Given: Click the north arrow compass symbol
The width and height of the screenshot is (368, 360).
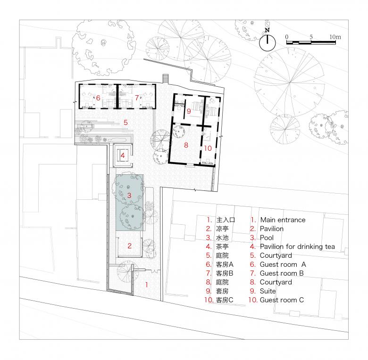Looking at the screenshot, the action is pyautogui.click(x=268, y=42).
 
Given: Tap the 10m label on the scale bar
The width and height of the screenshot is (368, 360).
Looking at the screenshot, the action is pyautogui.click(x=335, y=37).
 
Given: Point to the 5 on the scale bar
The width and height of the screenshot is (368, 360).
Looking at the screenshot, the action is pyautogui.click(x=311, y=37).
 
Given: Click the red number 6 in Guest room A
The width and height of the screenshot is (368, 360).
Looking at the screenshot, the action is pyautogui.click(x=98, y=98).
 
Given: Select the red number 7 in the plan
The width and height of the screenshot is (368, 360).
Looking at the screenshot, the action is pyautogui.click(x=137, y=98).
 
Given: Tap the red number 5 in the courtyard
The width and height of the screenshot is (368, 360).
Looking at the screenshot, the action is pyautogui.click(x=125, y=122).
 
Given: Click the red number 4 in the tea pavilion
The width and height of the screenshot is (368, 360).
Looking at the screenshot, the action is pyautogui.click(x=123, y=155).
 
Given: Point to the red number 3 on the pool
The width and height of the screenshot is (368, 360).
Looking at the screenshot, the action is pyautogui.click(x=129, y=195).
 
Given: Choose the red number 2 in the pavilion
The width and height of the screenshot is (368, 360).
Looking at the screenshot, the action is pyautogui.click(x=130, y=246).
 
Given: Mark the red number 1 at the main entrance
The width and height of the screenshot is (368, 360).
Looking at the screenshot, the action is pyautogui.click(x=146, y=285).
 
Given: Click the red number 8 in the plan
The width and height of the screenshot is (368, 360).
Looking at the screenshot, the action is pyautogui.click(x=186, y=145).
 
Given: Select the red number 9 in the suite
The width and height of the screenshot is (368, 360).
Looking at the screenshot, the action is pyautogui.click(x=189, y=111).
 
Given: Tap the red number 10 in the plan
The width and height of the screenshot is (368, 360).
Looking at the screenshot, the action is pyautogui.click(x=208, y=148).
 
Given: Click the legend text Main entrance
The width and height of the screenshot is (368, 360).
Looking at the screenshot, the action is pyautogui.click(x=283, y=220).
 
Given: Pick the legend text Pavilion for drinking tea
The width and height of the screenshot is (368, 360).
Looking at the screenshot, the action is pyautogui.click(x=297, y=246).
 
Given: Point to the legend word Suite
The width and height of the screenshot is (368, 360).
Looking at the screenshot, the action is pyautogui.click(x=268, y=291).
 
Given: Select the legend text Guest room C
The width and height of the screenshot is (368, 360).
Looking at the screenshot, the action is pyautogui.click(x=282, y=300).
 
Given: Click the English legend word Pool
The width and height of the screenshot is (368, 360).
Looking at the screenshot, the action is pyautogui.click(x=267, y=237).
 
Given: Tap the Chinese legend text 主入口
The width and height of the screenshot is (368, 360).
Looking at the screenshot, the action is pyautogui.click(x=226, y=220).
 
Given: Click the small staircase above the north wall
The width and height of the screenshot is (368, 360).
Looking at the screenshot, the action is pyautogui.click(x=166, y=79).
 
